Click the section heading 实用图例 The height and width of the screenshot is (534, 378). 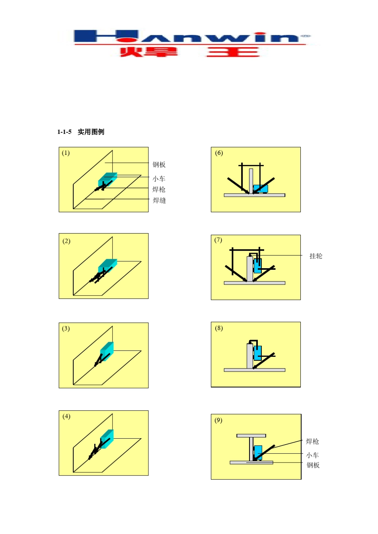point(91,132)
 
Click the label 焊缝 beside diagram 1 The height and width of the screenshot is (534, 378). point(159,201)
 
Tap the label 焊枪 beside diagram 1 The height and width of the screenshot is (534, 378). point(159,190)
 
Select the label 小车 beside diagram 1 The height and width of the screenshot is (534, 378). point(159,178)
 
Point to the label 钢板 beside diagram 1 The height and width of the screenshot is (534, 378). point(159,164)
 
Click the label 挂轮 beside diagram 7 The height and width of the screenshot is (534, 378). point(316,256)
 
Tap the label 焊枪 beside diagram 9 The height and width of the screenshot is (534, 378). point(312,441)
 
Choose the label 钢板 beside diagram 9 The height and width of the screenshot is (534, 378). point(313,465)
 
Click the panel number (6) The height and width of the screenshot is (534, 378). point(219,153)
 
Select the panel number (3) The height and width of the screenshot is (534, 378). point(66,329)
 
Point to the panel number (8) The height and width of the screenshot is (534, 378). point(219,328)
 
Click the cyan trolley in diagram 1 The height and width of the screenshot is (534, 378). point(107,179)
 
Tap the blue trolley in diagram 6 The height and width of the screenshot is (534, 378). point(261,189)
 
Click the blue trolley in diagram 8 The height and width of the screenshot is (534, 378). point(257,353)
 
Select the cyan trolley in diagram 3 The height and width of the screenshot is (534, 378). point(107,351)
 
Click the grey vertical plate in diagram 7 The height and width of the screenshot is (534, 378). point(250,269)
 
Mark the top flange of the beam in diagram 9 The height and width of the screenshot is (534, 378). point(251,436)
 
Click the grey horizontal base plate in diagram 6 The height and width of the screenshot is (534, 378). point(255,195)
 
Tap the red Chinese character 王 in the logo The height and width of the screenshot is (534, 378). point(233,52)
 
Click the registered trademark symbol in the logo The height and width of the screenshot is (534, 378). point(305,36)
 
